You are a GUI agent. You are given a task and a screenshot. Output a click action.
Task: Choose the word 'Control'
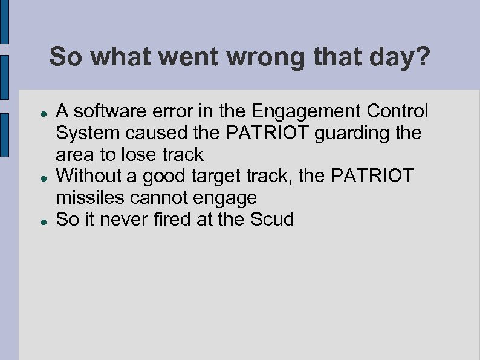399,111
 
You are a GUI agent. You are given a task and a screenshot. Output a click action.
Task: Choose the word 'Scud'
272,219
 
